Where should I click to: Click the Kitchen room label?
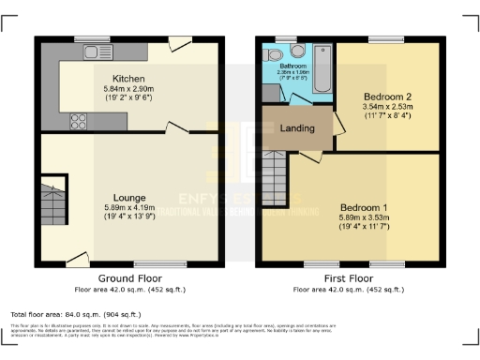click(x=127, y=78)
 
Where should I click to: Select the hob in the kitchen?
click(x=78, y=120)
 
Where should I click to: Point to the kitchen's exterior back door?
click(x=176, y=42)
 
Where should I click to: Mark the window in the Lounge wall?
click(x=145, y=264)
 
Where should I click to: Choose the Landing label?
click(x=297, y=128)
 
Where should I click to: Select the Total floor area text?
click(x=75, y=314)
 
